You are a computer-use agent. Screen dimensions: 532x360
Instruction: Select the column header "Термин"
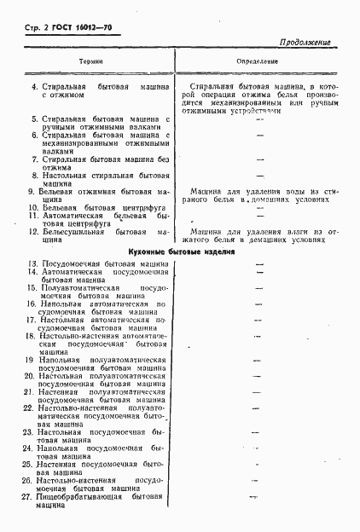(91, 62)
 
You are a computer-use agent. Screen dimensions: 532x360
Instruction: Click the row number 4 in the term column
(34, 87)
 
